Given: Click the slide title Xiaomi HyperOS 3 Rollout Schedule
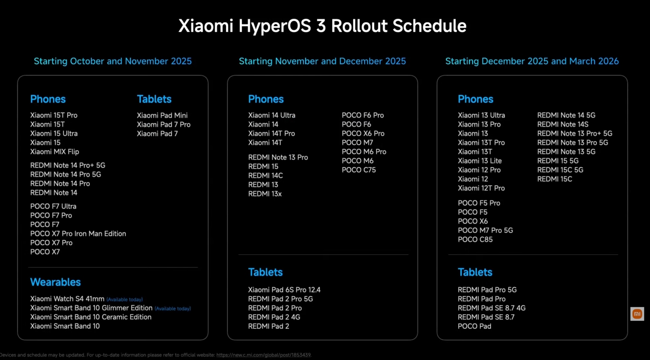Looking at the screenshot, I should pyautogui.click(x=322, y=26).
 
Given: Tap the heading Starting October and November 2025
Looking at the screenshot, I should pyautogui.click(x=113, y=61).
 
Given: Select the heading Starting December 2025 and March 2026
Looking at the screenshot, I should pyautogui.click(x=532, y=61).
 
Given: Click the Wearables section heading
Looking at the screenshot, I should pyautogui.click(x=55, y=282).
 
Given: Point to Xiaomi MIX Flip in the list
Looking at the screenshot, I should pyautogui.click(x=54, y=152).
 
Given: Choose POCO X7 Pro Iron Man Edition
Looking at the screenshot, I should pyautogui.click(x=78, y=234).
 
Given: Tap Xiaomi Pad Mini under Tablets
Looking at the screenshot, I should pyautogui.click(x=162, y=115).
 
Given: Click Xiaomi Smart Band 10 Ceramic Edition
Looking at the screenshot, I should pyautogui.click(x=90, y=317).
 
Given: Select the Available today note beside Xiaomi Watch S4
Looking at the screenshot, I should pyautogui.click(x=125, y=300).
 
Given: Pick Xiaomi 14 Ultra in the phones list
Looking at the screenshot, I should pyautogui.click(x=272, y=115).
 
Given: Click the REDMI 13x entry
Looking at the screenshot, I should pyautogui.click(x=265, y=194).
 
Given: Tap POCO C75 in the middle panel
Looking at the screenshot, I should pyautogui.click(x=359, y=170).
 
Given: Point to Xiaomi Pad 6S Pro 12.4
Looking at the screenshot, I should pyautogui.click(x=284, y=290).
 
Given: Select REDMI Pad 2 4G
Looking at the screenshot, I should pyautogui.click(x=274, y=317).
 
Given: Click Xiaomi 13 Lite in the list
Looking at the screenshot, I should pyautogui.click(x=480, y=161).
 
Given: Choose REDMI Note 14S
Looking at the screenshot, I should pyautogui.click(x=562, y=124).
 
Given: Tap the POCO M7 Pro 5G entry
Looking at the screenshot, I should pyautogui.click(x=485, y=230).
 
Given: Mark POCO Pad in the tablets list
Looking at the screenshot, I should pyautogui.click(x=474, y=326).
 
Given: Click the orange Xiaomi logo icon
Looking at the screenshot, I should pyautogui.click(x=637, y=314).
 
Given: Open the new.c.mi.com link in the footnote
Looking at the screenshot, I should pyautogui.click(x=264, y=355).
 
